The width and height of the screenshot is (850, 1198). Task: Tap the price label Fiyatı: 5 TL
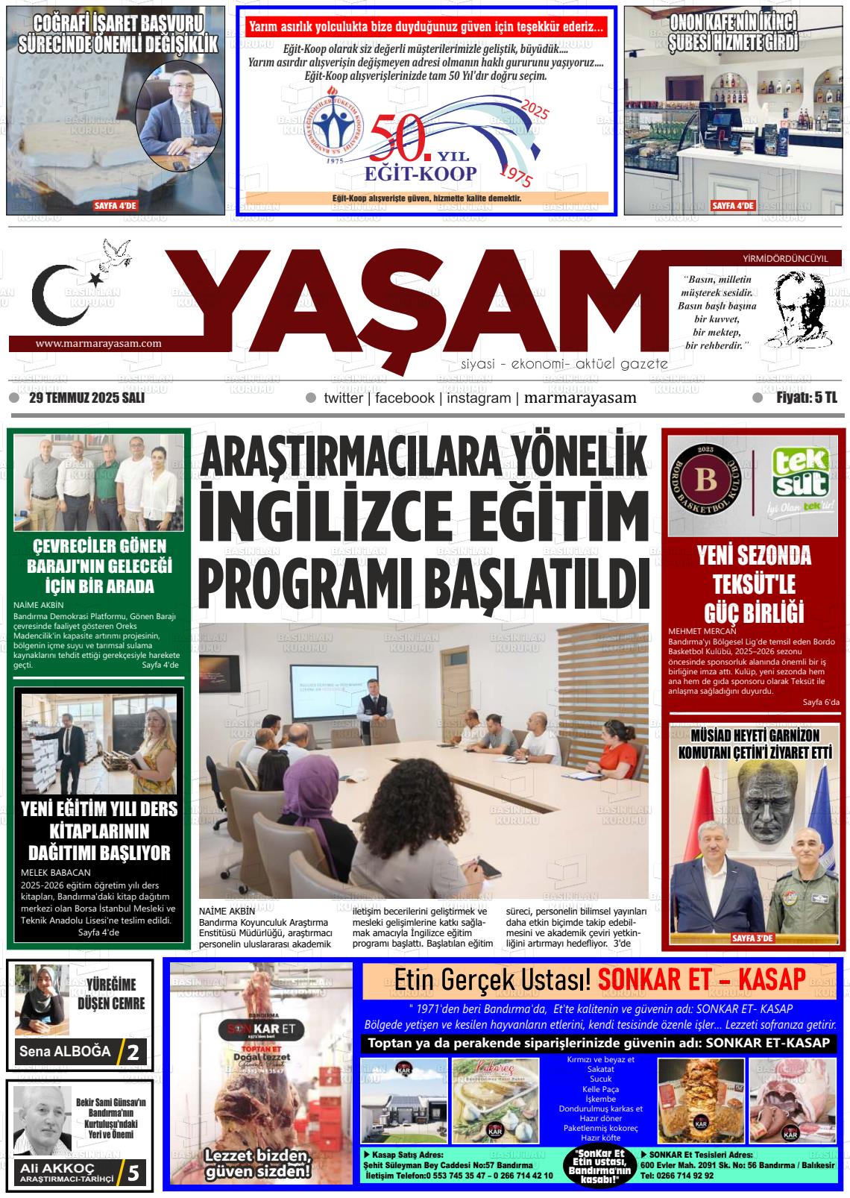pos(806,398)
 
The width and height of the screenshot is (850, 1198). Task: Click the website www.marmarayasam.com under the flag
pos(98,344)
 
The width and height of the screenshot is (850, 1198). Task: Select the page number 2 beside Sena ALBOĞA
pos(133,1053)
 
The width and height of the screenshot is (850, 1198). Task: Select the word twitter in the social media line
pos(343,398)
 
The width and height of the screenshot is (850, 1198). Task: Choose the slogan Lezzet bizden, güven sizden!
pos(258,1164)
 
